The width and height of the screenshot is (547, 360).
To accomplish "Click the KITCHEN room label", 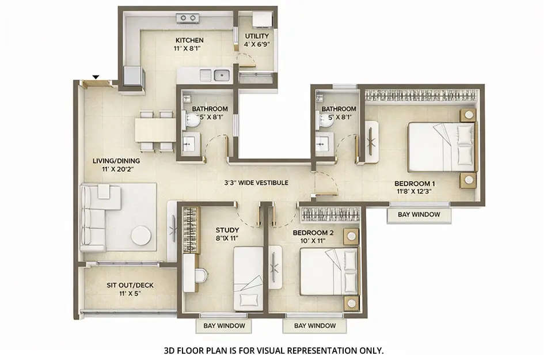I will pos(189,40).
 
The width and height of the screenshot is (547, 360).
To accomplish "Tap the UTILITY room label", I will pos(257,36).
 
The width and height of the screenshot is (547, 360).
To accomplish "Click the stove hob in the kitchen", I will pos(188,18).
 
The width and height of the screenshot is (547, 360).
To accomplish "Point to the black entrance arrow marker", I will pos(96,77).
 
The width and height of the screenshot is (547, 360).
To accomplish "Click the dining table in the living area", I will pos(155,130).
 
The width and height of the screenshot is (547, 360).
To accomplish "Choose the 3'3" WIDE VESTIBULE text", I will pos(256,183).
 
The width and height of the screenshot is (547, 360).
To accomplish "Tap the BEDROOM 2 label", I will pos(313,233).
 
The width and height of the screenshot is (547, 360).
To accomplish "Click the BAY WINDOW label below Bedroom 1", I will pos(419,214).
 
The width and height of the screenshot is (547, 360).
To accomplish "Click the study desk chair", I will pos(200,275).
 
